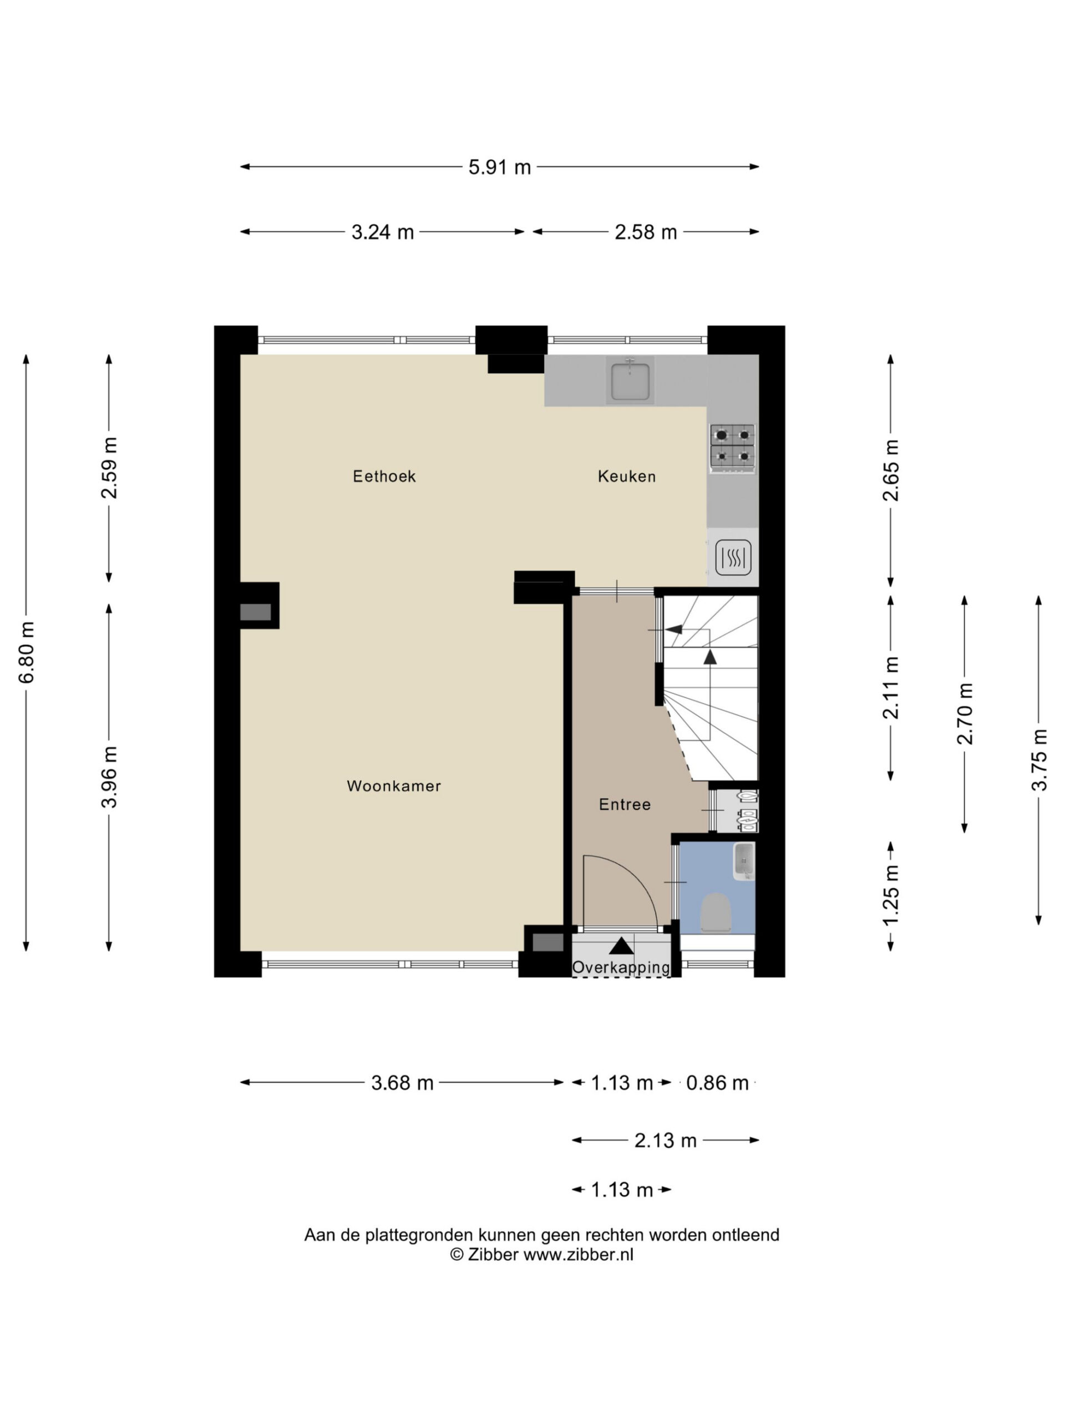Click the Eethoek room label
[x=384, y=476]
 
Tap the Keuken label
[x=627, y=476]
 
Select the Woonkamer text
[x=393, y=786]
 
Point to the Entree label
[x=625, y=804]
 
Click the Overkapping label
[x=621, y=967]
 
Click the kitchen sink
[x=630, y=381]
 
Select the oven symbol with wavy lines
[x=733, y=556]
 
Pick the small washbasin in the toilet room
[x=744, y=861]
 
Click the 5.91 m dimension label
[x=499, y=168]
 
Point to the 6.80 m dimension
[x=26, y=652]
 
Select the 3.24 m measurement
[x=383, y=232]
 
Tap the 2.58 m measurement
[x=646, y=232]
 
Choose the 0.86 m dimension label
[x=717, y=1083]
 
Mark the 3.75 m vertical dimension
[x=1039, y=760]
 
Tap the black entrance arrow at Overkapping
[x=621, y=946]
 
